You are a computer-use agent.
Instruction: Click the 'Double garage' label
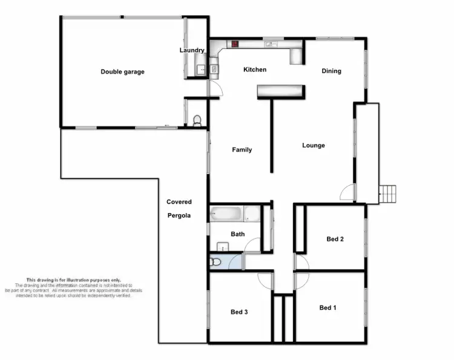[x=122, y=72]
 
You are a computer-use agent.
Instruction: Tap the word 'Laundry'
[x=192, y=50]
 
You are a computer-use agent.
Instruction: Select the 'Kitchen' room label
[x=255, y=70]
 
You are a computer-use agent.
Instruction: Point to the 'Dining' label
[x=331, y=71]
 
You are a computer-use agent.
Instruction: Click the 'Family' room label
[x=242, y=149]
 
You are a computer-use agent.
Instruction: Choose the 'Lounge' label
[x=314, y=145]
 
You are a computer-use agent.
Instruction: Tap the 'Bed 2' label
[x=335, y=239]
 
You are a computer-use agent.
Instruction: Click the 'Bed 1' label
[x=327, y=308]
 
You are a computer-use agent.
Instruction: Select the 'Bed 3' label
[x=239, y=312]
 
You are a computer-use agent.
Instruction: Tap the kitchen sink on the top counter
[x=269, y=44]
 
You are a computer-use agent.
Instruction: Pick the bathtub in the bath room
[x=227, y=214]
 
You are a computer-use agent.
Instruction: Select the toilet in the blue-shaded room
[x=215, y=263]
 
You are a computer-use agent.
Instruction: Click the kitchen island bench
[x=280, y=91]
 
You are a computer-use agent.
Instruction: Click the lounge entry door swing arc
[x=347, y=192]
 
